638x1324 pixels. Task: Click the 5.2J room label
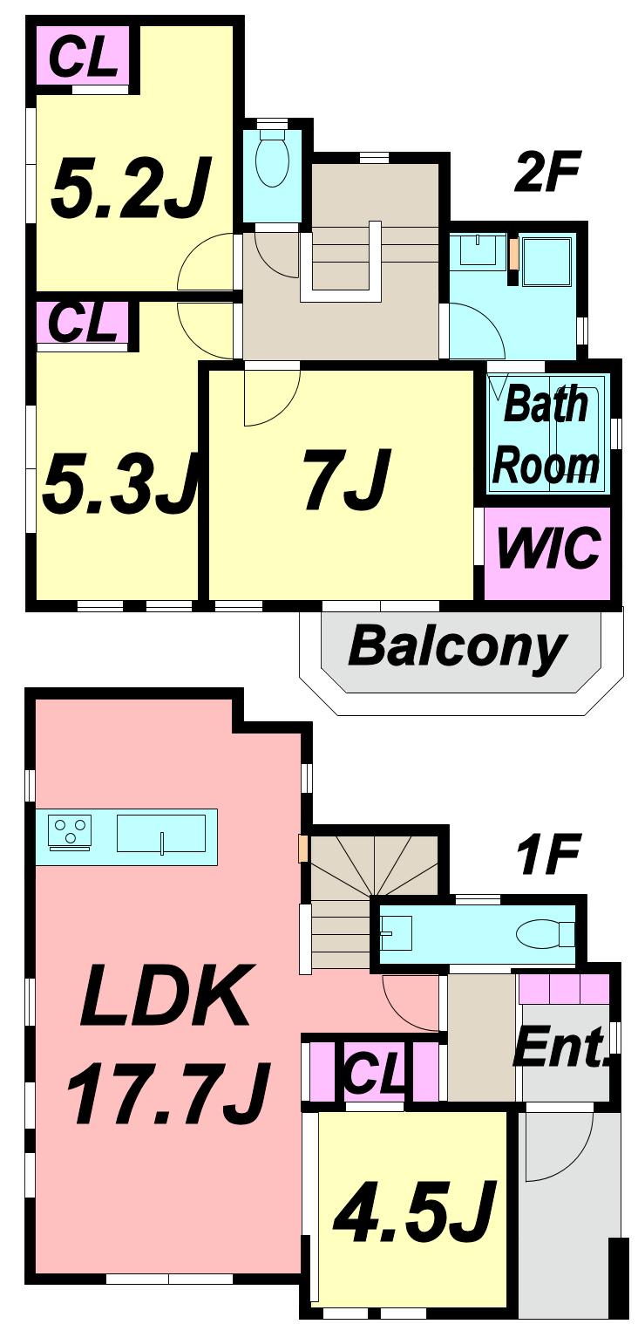131,188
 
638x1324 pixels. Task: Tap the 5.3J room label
118,484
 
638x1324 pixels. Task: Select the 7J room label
344,480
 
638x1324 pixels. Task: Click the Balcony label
458,647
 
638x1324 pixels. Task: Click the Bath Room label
546,436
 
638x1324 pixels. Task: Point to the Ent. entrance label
561,1047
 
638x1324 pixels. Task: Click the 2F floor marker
546,174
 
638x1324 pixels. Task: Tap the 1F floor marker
548,857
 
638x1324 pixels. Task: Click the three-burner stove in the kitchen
70,829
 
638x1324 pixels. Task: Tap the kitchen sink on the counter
161,834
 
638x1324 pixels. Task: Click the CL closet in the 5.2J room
83,57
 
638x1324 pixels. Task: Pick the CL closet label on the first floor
374,1074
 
